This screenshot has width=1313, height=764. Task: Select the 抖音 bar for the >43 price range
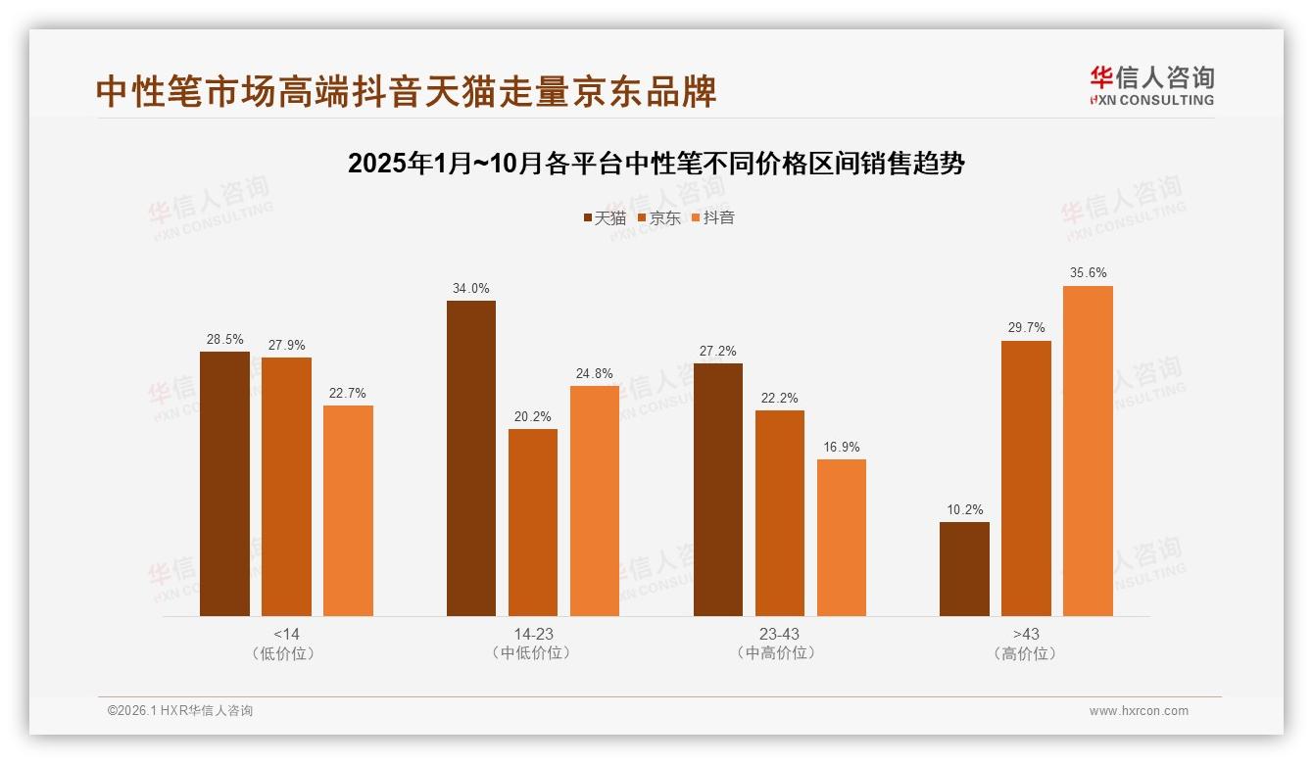tap(1088, 451)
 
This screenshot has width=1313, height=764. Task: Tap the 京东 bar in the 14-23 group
tap(533, 522)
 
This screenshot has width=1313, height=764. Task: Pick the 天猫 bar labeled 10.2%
tap(964, 569)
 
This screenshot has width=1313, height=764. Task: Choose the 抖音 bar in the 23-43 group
tap(842, 537)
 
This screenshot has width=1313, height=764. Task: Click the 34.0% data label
tap(471, 288)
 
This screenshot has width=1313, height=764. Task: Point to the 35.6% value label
tap(1088, 273)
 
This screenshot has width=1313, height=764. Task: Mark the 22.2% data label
tap(780, 398)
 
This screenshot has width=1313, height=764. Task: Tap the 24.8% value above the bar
tap(595, 373)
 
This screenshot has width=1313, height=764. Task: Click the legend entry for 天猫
tap(605, 217)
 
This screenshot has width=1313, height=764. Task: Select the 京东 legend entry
tap(659, 217)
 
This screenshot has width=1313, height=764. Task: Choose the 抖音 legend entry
tap(713, 217)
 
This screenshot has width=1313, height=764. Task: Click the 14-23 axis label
tap(533, 634)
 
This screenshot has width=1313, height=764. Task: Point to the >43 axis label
tap(1026, 634)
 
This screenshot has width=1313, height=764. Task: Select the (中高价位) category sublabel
tap(780, 653)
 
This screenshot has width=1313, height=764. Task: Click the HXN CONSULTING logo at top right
tap(1151, 85)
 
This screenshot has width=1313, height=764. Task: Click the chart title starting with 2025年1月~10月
tap(656, 163)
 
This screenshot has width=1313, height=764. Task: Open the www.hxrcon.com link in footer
tap(1139, 711)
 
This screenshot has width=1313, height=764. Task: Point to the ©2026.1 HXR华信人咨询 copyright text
tap(180, 711)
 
